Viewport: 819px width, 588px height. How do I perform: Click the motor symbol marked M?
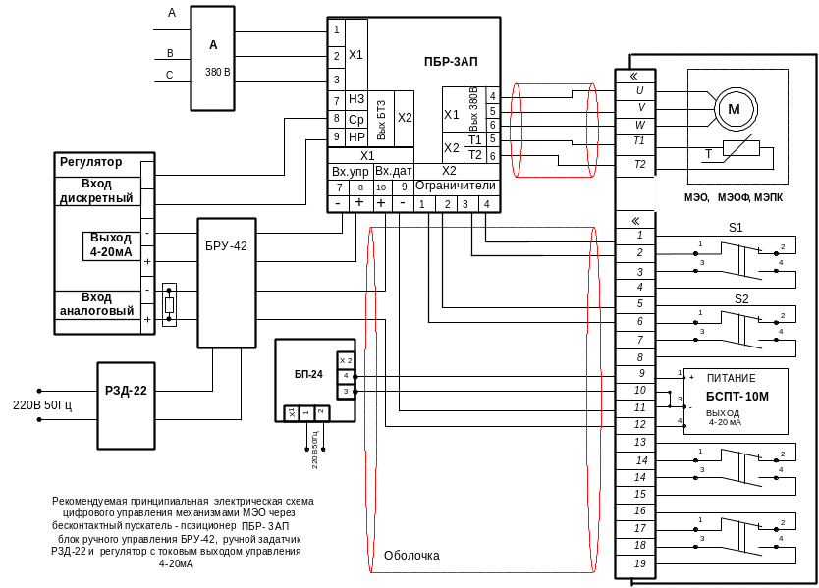732,107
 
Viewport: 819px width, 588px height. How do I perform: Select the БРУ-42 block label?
226,246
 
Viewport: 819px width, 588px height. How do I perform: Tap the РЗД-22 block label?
126,391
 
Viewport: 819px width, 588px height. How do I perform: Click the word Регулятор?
90,161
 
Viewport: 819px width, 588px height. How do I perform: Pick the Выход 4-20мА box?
110,244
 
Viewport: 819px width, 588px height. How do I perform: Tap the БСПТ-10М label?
733,394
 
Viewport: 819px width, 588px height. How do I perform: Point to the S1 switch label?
737,228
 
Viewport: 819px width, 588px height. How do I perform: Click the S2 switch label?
741,297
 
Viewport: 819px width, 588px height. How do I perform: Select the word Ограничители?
456,186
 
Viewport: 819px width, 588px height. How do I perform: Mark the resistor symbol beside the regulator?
169,305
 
